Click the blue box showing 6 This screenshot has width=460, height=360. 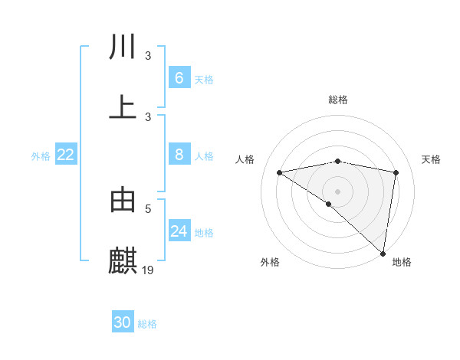point(179,77)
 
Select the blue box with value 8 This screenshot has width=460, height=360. point(179,155)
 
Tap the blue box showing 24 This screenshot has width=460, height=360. point(179,231)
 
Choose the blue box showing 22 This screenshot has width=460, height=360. point(66,155)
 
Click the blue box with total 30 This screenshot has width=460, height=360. point(123,322)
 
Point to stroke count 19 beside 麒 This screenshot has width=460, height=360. point(149,270)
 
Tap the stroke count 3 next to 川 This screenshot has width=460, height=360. point(149,55)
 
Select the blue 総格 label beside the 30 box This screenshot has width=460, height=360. point(147,324)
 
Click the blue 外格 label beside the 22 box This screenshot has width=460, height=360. point(41,155)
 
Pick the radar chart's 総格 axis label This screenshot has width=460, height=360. point(338,100)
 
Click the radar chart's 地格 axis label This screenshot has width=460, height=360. point(402,262)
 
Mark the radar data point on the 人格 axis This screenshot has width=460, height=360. point(280,172)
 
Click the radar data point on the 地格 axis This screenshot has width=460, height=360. point(383,253)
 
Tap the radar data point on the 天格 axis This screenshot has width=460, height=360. point(396,172)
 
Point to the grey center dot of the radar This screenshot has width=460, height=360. point(338,191)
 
